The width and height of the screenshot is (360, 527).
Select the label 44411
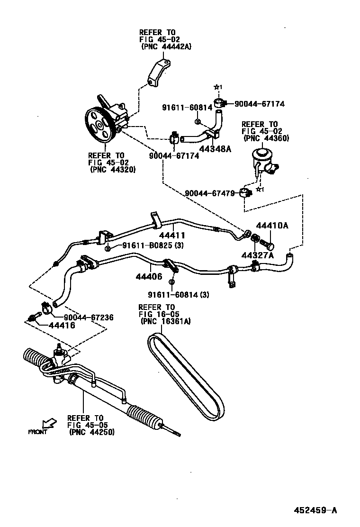tap(171, 236)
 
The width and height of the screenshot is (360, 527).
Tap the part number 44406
tap(148, 276)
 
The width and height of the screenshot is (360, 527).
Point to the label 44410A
tap(272, 226)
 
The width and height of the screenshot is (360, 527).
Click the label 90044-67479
tap(210, 193)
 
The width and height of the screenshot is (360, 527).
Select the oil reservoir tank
tap(262, 159)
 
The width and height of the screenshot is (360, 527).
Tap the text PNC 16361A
tap(166, 321)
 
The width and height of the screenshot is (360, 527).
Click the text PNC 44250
tap(91, 432)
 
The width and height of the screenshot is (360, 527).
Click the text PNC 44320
tap(112, 170)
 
